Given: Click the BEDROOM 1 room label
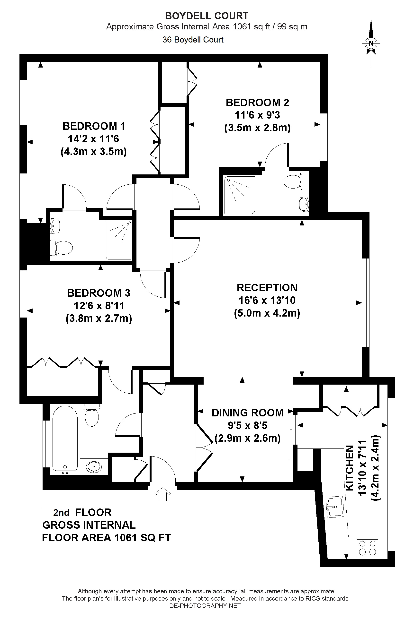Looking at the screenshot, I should point(94,126).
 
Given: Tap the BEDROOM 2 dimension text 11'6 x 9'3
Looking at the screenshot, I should point(257,115).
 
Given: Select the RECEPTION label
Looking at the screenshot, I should point(267,287).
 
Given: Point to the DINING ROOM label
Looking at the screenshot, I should point(247,413).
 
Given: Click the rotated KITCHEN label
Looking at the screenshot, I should point(350,468).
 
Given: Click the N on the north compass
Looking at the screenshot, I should point(371,43).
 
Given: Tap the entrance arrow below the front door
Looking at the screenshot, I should point(163,494).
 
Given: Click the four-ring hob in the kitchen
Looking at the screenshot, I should point(367,548).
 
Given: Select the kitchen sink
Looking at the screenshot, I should point(335,507).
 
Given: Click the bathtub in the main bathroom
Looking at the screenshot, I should point(65,439).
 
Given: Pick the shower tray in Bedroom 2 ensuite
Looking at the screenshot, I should point(240,195).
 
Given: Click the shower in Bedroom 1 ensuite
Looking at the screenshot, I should point(118,240).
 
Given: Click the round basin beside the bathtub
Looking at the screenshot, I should point(93,467).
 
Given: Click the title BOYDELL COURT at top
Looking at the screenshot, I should point(207,16).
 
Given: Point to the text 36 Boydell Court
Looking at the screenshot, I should point(193,40).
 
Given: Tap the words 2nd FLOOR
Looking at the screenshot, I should point(82,512).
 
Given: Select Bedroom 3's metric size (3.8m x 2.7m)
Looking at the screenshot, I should point(99,318).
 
